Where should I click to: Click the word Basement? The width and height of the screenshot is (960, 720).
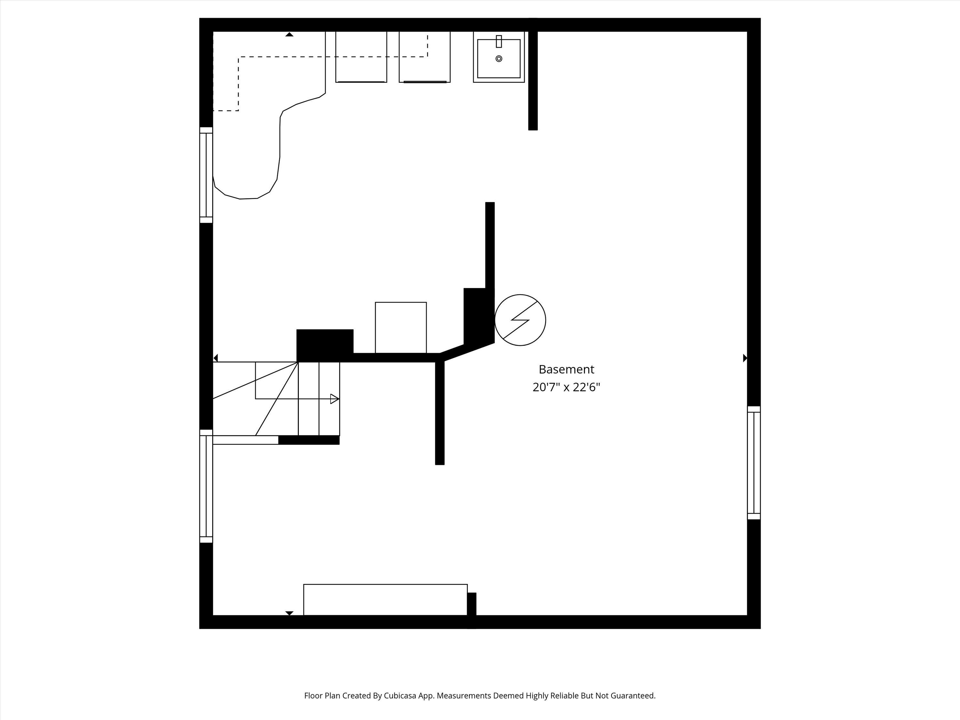[566, 369]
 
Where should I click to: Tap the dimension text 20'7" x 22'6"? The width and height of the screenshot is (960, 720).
[566, 387]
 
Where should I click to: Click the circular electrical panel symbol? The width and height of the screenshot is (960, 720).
[520, 320]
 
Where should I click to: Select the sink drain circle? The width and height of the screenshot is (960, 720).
[499, 59]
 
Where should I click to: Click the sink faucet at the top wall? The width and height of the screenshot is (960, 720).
[499, 41]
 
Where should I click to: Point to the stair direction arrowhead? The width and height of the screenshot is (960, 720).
[334, 399]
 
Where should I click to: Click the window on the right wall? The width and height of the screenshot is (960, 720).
[754, 463]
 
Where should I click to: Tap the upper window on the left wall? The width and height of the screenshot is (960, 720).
[206, 175]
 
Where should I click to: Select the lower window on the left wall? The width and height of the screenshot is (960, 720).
[206, 486]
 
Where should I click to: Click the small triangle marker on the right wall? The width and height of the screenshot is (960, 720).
[745, 358]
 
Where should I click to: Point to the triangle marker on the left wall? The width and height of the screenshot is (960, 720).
[216, 358]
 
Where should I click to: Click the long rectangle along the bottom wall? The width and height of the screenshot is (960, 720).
[385, 599]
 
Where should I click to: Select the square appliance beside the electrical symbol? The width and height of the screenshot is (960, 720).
[401, 328]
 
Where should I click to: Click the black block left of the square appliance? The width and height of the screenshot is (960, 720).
[324, 345]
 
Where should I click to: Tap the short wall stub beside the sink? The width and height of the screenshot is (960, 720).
[533, 80]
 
